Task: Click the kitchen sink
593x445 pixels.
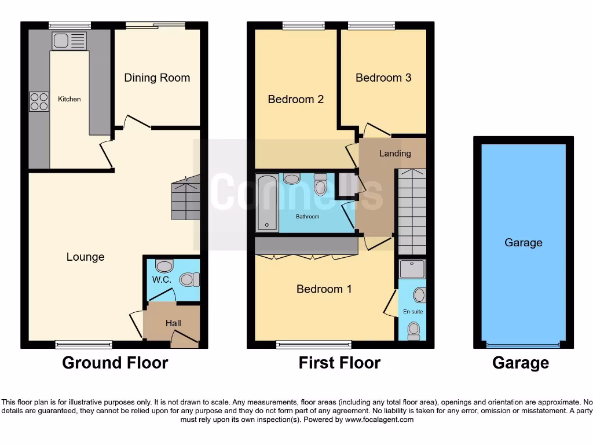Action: [x=69, y=41]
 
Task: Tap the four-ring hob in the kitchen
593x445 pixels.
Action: [x=39, y=102]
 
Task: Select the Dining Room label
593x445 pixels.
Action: [x=157, y=78]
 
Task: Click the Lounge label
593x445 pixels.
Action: [x=85, y=257]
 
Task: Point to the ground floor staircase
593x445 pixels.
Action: [x=185, y=199]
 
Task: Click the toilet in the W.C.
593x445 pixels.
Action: [x=189, y=280]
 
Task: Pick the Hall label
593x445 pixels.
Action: [x=173, y=323]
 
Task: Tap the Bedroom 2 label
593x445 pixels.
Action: [x=295, y=99]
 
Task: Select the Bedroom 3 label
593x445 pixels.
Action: [x=383, y=78]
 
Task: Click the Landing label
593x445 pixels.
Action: [x=395, y=154]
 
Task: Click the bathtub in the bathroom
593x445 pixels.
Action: [x=266, y=203]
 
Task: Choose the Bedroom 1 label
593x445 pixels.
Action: [x=324, y=289]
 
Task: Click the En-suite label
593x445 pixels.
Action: [x=413, y=312]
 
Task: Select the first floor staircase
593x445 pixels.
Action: [x=412, y=211]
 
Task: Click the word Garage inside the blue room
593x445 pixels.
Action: [x=523, y=242]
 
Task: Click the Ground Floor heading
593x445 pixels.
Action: [x=115, y=363]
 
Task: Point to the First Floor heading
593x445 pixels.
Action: [x=339, y=363]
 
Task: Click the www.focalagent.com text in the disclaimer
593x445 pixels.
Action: [x=379, y=420]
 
